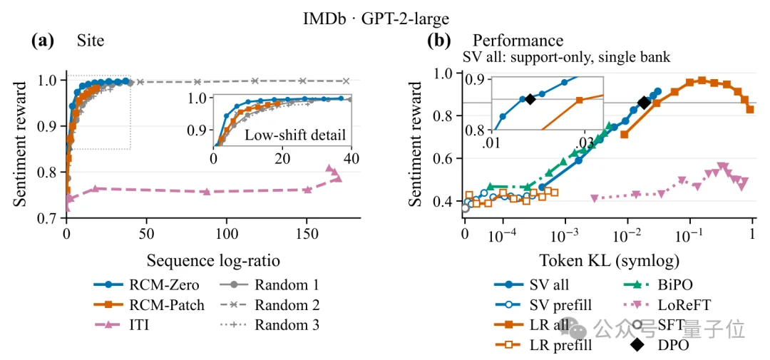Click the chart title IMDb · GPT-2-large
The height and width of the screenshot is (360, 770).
(x=376, y=19)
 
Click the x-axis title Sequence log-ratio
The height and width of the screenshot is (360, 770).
(x=213, y=259)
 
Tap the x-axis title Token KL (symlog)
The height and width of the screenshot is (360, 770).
(x=610, y=259)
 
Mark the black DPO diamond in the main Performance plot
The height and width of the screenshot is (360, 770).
(x=645, y=102)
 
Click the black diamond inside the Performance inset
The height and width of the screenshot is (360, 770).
(x=530, y=98)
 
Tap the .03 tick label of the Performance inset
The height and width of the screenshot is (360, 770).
(x=584, y=141)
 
